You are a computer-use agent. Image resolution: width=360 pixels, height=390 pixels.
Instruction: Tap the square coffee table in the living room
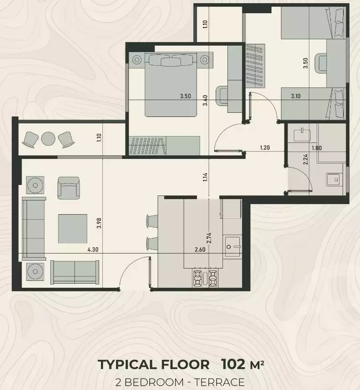tap(73, 228)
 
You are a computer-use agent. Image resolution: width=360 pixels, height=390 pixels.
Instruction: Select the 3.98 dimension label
tap(99, 222)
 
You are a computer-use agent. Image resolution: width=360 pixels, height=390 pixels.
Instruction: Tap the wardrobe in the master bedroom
tap(164, 146)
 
